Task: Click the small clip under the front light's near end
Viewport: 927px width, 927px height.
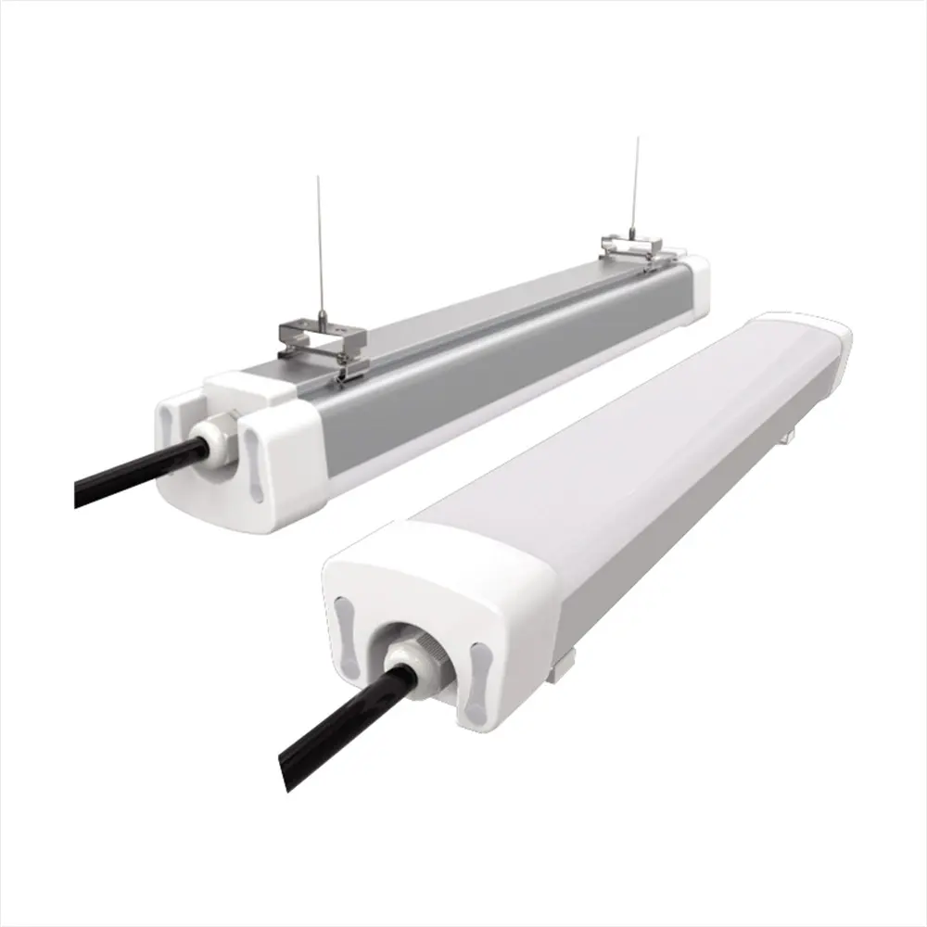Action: click(x=558, y=669)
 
